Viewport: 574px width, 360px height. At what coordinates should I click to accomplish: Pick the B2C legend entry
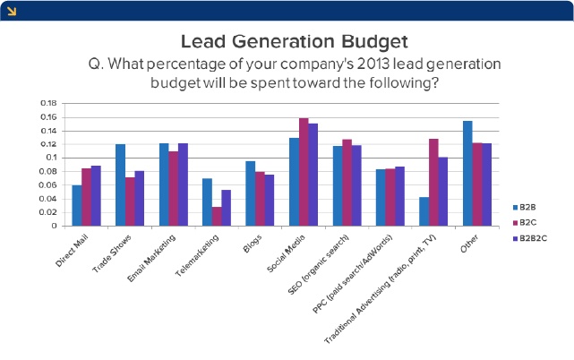(527, 221)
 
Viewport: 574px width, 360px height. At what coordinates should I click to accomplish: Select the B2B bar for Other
(467, 173)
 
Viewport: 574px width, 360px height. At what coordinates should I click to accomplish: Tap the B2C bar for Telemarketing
(217, 216)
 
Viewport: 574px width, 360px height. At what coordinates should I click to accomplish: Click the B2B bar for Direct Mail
(77, 205)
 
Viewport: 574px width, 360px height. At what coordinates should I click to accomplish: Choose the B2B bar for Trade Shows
(120, 184)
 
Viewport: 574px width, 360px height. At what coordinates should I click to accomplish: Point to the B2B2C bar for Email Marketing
(184, 184)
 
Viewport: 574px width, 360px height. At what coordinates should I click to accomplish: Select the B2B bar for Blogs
(251, 193)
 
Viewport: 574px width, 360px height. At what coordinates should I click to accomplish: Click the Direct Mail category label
(77, 245)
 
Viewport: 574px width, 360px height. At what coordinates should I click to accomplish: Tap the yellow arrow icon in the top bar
(10, 9)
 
